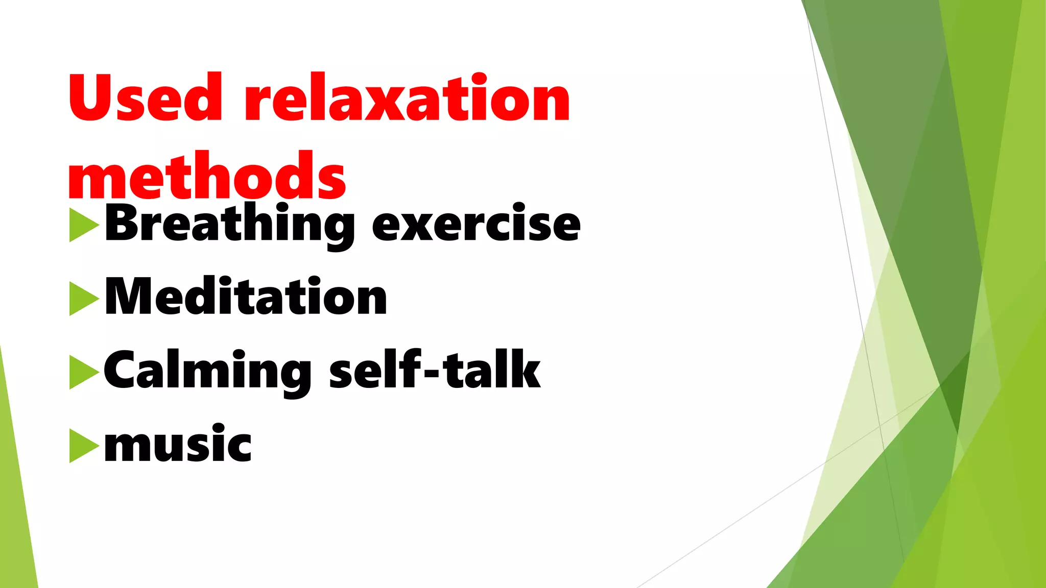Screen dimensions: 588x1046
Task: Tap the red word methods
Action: [x=207, y=176]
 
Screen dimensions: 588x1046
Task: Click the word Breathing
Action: [x=230, y=224]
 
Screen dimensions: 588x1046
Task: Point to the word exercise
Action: [x=476, y=225]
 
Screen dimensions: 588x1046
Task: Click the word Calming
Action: [x=207, y=371]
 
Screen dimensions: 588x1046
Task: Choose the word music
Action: [x=178, y=444]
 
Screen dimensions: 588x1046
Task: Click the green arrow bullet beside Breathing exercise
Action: [x=83, y=224]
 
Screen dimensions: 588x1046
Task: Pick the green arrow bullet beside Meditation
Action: [x=83, y=298]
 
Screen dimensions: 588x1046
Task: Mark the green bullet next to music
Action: [x=83, y=446]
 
